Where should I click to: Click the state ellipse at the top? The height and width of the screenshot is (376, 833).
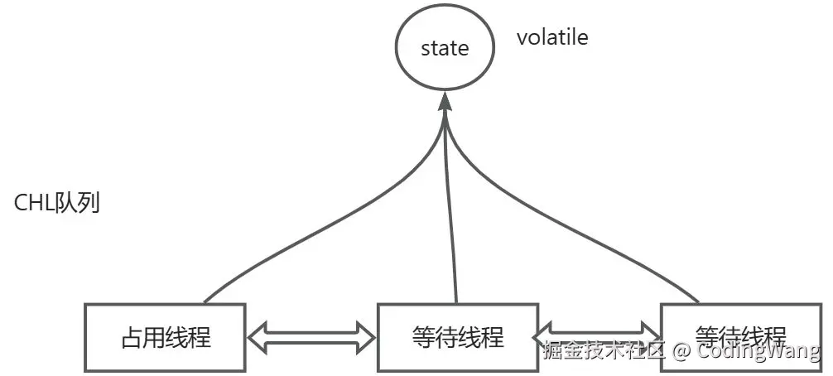(445, 47)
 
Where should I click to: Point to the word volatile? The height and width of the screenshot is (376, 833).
(552, 37)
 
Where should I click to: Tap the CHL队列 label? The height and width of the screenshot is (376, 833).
(57, 203)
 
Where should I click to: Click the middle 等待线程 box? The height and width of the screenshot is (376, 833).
(457, 337)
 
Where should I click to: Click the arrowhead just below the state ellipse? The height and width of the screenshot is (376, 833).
(445, 102)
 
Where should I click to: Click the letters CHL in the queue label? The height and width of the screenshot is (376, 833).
(34, 203)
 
